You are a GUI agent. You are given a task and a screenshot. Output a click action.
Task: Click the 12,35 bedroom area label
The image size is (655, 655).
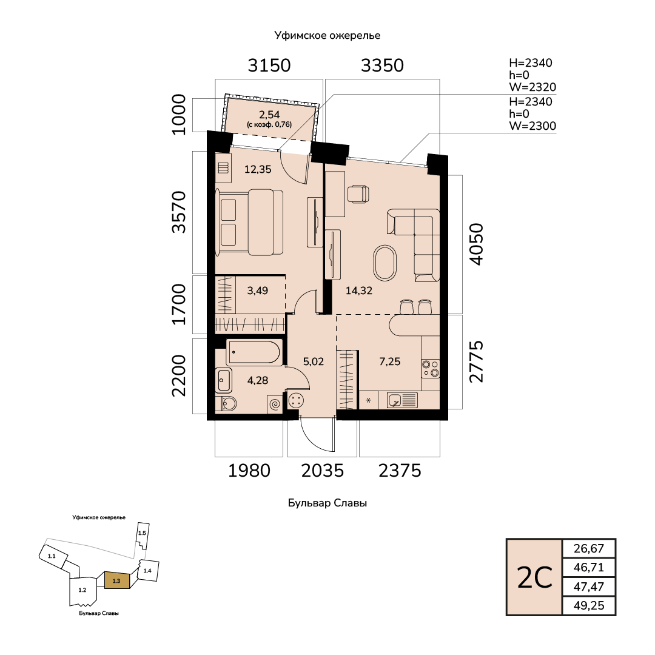click(x=258, y=170)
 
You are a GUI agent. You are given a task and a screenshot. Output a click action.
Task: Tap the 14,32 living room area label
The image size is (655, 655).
click(x=359, y=291)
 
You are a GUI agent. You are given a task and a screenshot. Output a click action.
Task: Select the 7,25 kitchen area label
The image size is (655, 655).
click(x=390, y=361)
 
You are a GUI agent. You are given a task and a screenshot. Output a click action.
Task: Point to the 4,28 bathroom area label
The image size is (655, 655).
click(x=258, y=380)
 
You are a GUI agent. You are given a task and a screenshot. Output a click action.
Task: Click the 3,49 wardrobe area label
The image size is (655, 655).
click(x=257, y=291)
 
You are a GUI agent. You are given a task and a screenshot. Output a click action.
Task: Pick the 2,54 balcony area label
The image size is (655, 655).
click(x=269, y=115)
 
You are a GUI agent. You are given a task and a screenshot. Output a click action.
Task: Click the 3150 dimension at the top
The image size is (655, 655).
click(x=269, y=65)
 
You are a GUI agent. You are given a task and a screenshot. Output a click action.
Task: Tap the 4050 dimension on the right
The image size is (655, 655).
click(x=476, y=244)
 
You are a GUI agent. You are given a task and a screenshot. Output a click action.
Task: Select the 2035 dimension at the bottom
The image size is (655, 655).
click(x=323, y=471)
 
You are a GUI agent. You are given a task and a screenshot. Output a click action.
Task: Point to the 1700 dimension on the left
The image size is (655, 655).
click(x=179, y=304)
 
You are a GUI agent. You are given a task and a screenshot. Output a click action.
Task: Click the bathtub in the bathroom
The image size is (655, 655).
click(x=254, y=352)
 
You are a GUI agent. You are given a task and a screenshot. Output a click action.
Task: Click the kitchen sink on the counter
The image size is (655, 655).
click(x=402, y=400)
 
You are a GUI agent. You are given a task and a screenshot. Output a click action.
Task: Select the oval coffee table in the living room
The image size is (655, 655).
click(x=385, y=263)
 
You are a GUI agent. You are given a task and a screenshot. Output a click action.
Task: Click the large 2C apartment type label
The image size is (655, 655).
click(x=535, y=578)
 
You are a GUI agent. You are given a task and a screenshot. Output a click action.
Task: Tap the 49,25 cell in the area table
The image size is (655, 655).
click(x=589, y=606)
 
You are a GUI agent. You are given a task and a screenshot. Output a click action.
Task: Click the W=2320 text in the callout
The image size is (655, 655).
click(x=532, y=87)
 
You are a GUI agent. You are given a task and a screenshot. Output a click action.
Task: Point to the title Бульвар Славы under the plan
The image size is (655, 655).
click(x=327, y=503)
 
